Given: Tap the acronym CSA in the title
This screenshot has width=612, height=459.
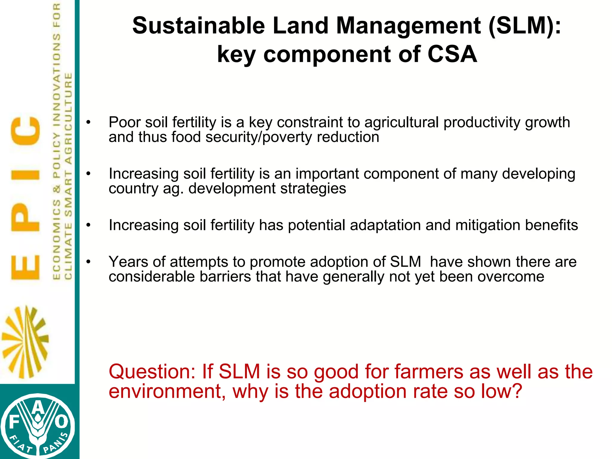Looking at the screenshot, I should click(452, 54).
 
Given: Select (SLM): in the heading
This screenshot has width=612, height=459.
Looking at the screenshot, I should click(525, 26).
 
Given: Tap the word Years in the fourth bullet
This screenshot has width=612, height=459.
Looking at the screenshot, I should click(128, 262).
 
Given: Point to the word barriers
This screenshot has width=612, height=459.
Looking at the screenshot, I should click(225, 276).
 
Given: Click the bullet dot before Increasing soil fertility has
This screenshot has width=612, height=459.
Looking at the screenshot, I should click(88, 225).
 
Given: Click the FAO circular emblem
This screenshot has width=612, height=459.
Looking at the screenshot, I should click(37, 426).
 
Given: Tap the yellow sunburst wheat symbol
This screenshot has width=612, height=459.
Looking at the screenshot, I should click(25, 342).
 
